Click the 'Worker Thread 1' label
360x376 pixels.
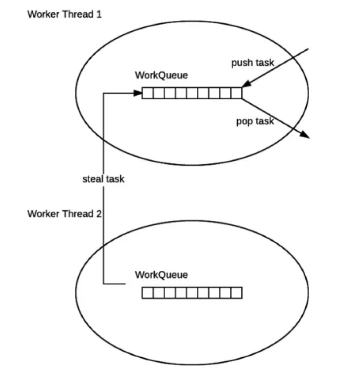(x=65, y=14)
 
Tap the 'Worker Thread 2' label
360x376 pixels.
(x=65, y=214)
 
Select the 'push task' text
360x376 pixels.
(x=253, y=63)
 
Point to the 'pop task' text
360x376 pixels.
(x=254, y=121)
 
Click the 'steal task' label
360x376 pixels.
(x=103, y=179)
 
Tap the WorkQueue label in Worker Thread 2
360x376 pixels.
(x=161, y=275)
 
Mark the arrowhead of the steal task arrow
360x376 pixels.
(x=139, y=92)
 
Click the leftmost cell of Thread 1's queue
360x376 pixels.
(x=147, y=93)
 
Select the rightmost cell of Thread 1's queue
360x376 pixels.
(x=237, y=93)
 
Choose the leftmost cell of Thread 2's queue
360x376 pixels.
(x=147, y=293)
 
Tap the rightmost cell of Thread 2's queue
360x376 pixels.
(x=237, y=293)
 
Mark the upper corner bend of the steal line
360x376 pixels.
(x=103, y=92)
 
